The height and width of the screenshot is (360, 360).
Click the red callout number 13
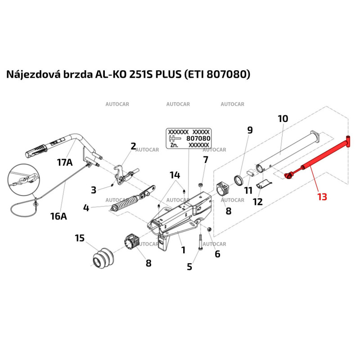tap(322, 196)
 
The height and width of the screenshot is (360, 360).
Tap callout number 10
tap(283, 119)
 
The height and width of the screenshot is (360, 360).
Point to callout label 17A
tap(64, 162)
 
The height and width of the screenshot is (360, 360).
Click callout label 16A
tap(58, 216)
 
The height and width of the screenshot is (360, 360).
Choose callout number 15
tap(80, 238)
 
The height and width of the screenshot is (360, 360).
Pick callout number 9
tap(250, 130)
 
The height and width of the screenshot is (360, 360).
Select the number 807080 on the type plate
tap(198, 139)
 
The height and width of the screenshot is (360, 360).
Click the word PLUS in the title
tap(168, 74)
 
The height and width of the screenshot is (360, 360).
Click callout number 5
tap(189, 266)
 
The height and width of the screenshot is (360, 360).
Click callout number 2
tap(133, 146)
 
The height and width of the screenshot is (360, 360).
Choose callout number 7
tap(206, 159)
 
